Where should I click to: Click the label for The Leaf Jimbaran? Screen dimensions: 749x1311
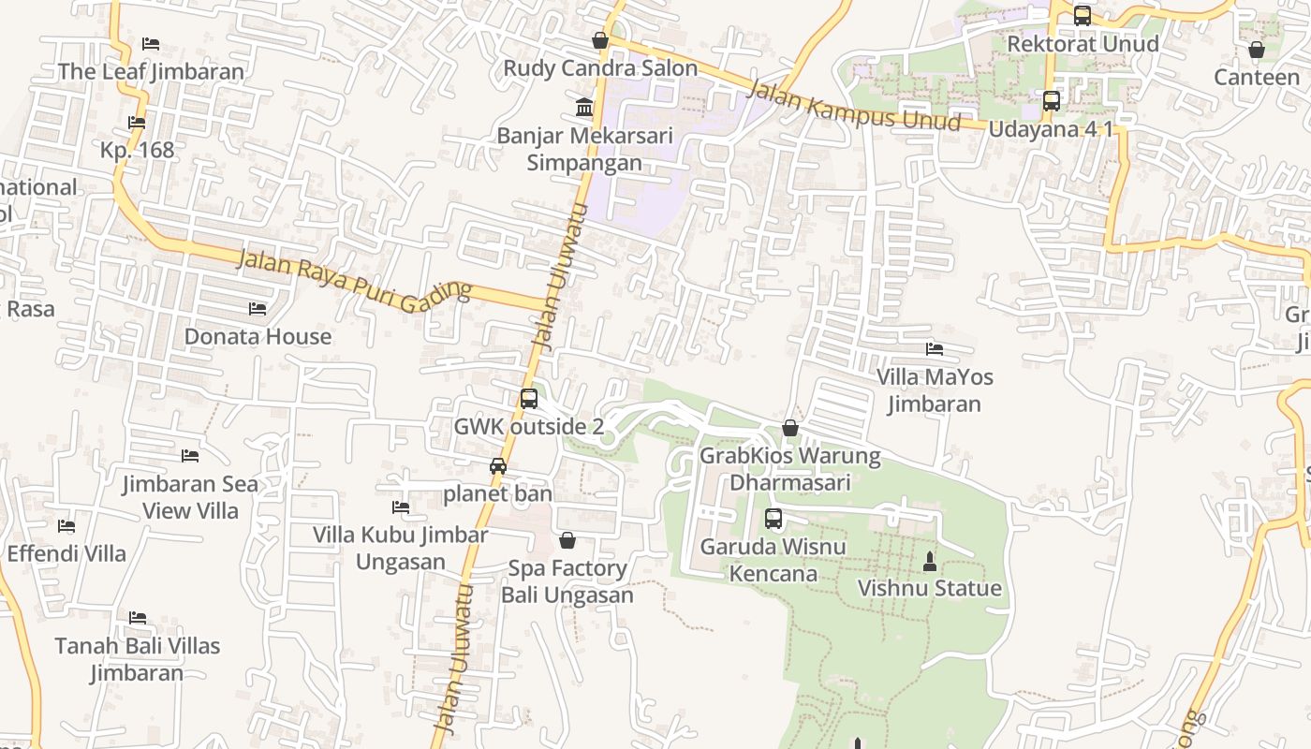point(151,71)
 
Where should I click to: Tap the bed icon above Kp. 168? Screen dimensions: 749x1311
point(137,123)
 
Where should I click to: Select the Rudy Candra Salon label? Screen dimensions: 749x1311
point(600,68)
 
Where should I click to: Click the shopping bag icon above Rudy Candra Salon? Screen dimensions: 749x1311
point(600,41)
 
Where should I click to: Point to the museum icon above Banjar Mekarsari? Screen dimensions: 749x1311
point(585,108)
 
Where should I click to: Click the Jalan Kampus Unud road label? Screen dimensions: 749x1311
point(854,105)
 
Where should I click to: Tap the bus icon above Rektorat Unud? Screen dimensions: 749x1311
point(1083,16)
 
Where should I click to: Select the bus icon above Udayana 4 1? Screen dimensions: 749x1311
point(1052,101)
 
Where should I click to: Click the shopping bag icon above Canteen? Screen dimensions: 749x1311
point(1257,50)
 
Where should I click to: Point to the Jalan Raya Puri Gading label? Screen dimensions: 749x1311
point(352,281)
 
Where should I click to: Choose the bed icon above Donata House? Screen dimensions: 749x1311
point(258,309)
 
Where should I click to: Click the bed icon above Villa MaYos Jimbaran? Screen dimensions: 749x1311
point(934,349)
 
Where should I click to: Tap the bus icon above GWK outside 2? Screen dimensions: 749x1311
point(529,399)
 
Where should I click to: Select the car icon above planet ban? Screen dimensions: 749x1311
point(498,466)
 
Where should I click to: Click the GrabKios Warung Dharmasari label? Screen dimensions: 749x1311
point(790,469)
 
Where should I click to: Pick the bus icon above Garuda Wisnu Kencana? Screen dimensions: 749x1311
point(773,519)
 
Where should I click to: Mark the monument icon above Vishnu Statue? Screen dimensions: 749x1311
point(930,562)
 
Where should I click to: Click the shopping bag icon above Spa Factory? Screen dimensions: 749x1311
point(567,540)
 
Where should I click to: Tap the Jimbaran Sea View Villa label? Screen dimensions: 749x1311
point(190,497)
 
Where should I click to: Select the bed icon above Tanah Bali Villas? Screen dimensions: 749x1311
point(138,618)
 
